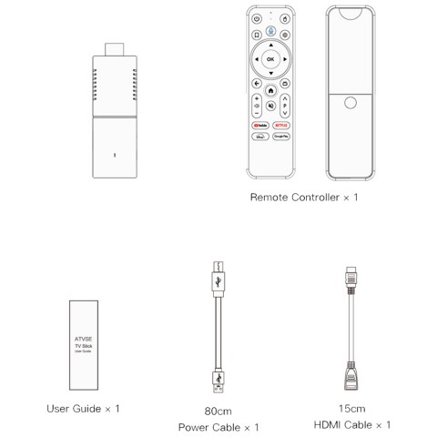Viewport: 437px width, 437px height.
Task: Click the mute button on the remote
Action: [x=270, y=107]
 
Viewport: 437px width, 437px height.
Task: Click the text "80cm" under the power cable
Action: [x=218, y=409]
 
